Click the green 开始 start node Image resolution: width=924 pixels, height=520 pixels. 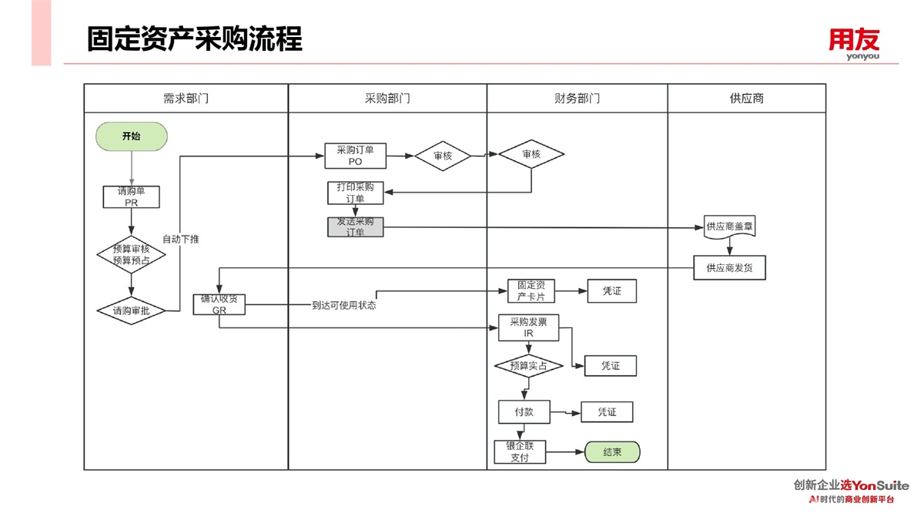(132, 136)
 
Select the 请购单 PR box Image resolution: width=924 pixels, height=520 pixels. (131, 196)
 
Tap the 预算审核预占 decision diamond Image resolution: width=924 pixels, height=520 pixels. (131, 254)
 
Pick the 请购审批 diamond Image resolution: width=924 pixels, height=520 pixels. (131, 311)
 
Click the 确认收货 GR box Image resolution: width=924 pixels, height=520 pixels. (219, 304)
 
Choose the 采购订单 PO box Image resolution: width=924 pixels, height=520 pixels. (355, 156)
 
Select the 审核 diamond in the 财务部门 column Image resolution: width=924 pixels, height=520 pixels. (531, 155)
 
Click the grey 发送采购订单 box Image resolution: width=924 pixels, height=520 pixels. (355, 226)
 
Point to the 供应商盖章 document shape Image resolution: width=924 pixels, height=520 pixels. (729, 227)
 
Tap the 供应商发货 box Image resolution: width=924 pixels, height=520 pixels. (729, 268)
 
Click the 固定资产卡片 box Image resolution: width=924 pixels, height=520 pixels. (531, 291)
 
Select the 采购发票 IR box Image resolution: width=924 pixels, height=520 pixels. (528, 327)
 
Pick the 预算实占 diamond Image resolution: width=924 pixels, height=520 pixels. (528, 366)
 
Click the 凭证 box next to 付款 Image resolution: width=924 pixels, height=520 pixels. (607, 412)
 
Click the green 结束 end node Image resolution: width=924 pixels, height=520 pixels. (612, 452)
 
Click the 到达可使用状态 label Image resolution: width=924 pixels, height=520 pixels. (343, 305)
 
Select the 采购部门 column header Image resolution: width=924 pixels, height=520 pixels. (387, 99)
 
